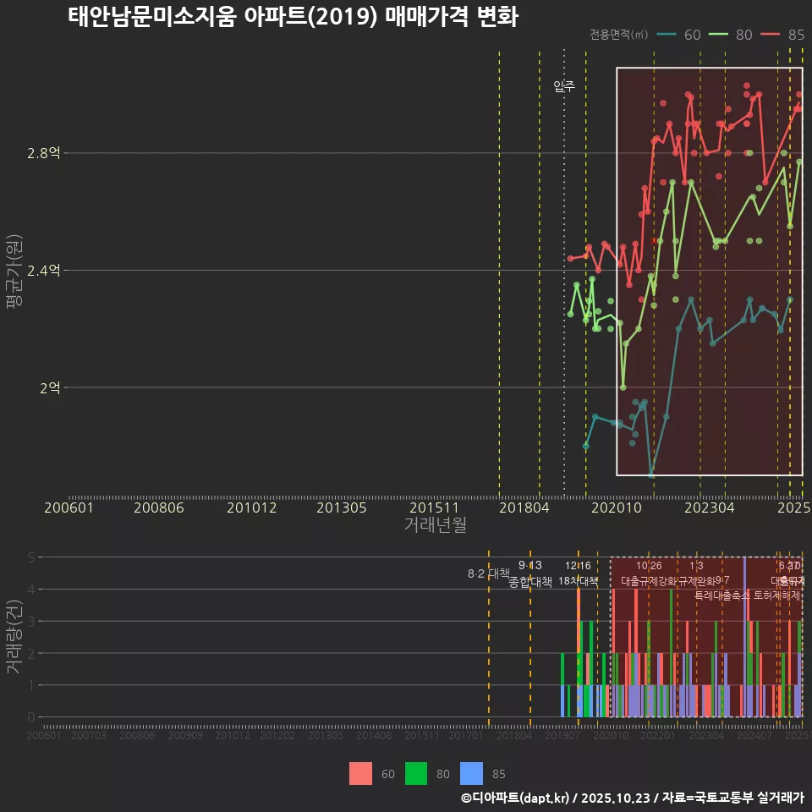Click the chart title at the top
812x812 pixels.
293,17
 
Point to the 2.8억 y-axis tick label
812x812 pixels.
44,153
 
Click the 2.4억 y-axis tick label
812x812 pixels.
44,271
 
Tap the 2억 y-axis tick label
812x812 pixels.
50,387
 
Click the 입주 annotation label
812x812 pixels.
564,86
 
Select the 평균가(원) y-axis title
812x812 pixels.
14,274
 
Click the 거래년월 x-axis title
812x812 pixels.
435,524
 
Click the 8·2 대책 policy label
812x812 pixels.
488,573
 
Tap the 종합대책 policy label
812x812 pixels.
530,582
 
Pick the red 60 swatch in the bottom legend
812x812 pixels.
360,773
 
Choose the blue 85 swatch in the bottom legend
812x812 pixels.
471,773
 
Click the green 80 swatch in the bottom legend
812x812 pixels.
415,773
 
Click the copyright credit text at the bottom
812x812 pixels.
632,798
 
